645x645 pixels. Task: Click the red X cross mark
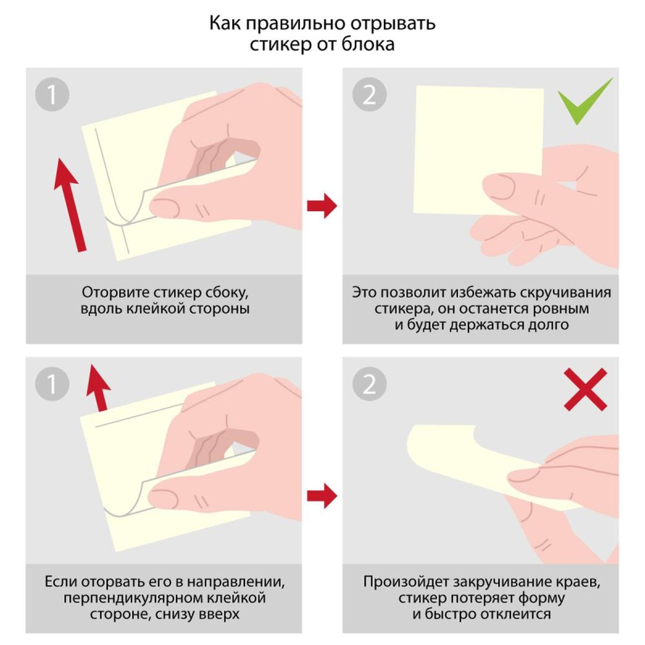(x=585, y=389)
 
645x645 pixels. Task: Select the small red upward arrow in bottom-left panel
(x=98, y=387)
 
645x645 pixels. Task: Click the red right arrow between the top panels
(x=321, y=206)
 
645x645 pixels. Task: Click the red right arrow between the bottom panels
(x=321, y=495)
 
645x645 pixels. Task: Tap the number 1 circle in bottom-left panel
(x=52, y=385)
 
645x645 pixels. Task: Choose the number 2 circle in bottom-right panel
(x=369, y=385)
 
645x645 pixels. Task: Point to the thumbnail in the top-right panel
(x=500, y=187)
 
